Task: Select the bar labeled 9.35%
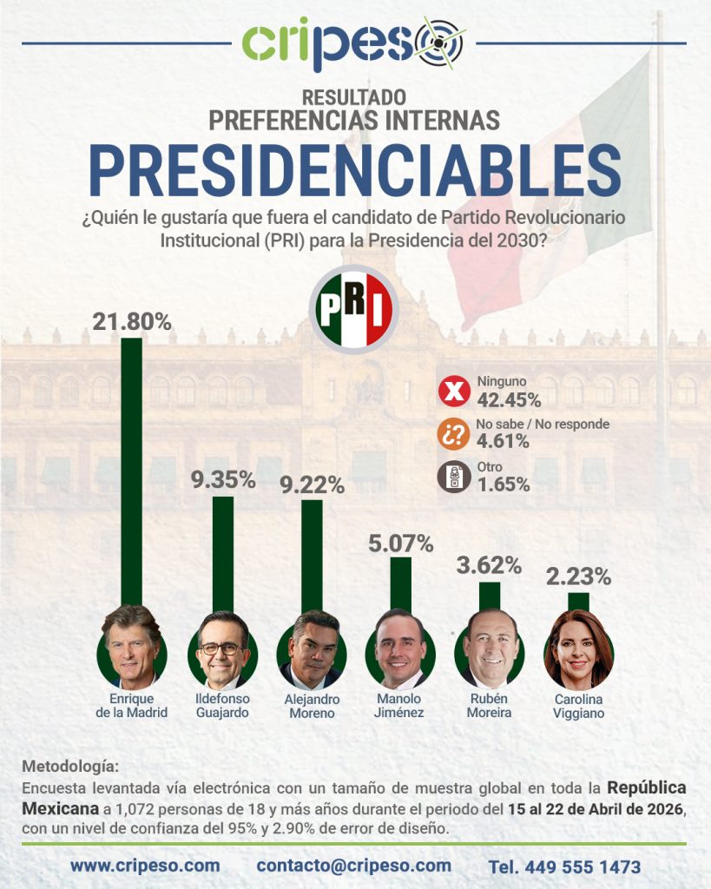223,556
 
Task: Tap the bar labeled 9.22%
312,560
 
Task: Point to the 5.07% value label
400,544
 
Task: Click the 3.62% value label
489,565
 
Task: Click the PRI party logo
354,309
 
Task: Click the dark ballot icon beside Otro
453,477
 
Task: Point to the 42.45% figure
509,400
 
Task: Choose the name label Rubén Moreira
489,706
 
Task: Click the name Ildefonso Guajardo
223,706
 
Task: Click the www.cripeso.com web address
145,866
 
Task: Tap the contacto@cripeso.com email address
353,866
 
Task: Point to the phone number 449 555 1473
564,866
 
